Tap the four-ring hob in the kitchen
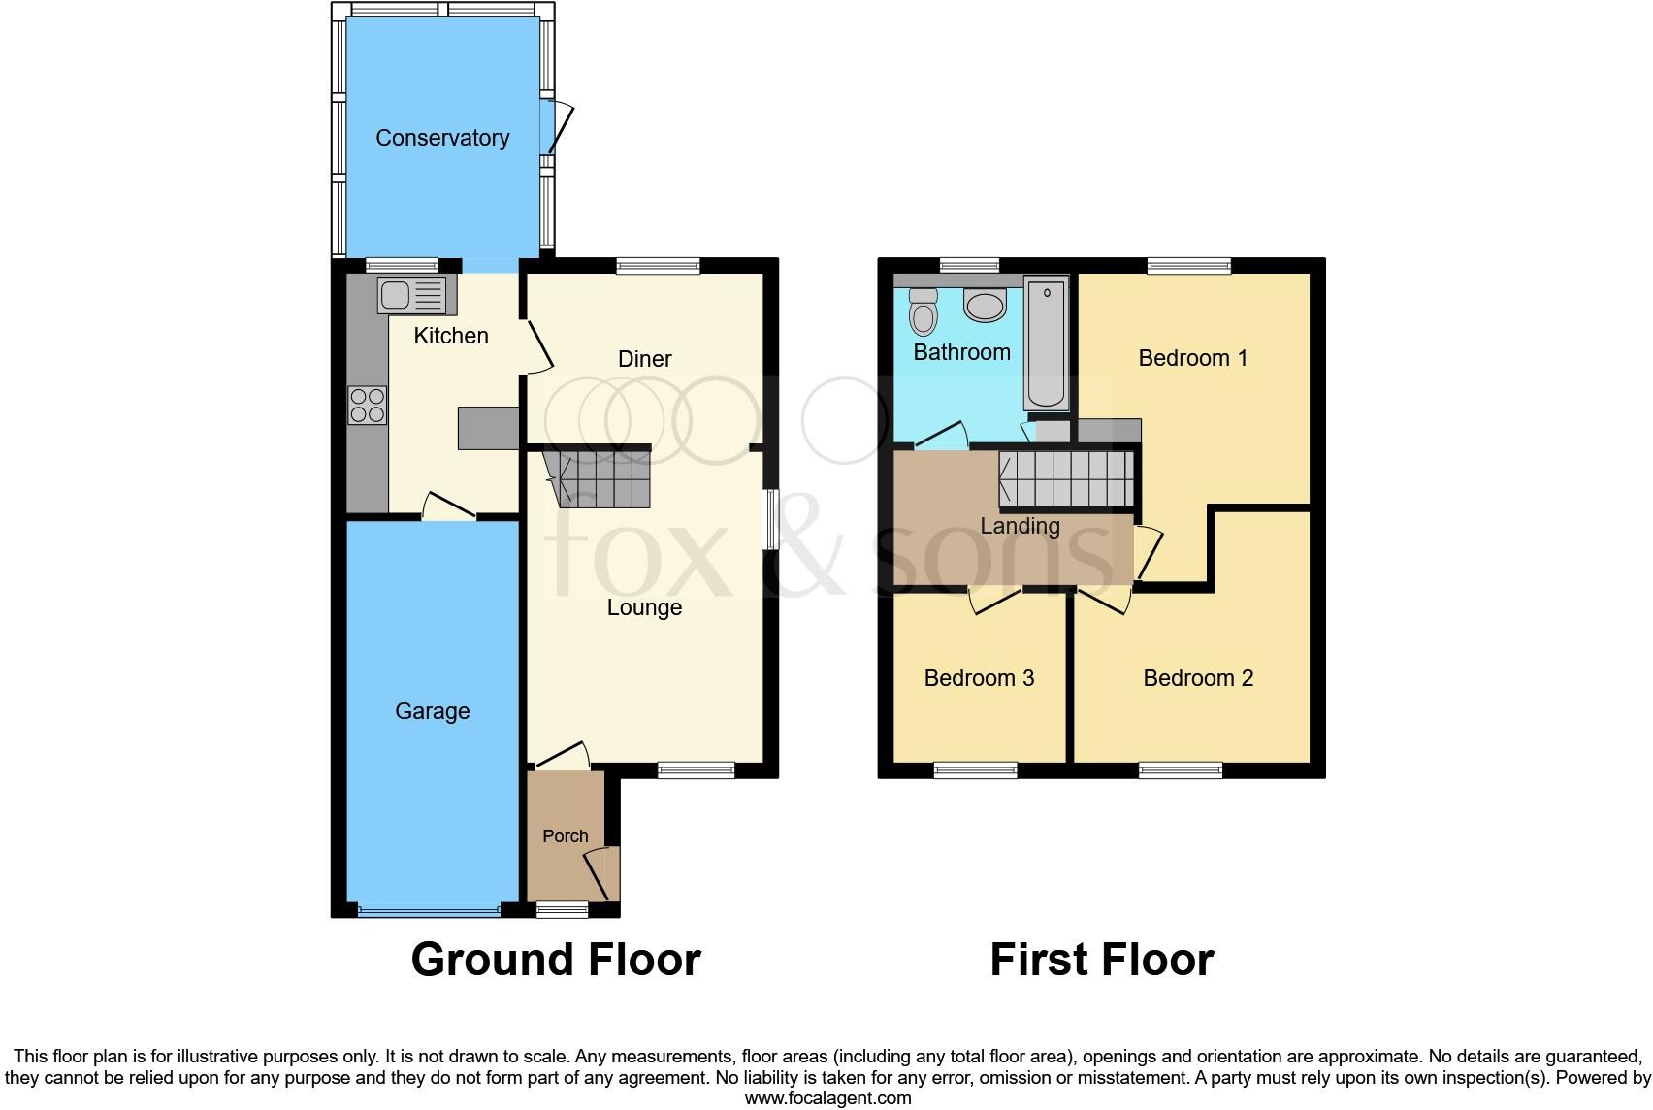(x=367, y=405)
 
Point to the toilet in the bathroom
(x=924, y=311)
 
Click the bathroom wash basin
(x=986, y=307)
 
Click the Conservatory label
(x=442, y=138)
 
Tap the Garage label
(x=432, y=711)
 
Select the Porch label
(x=565, y=835)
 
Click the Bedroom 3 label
(x=979, y=678)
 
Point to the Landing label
(x=1020, y=526)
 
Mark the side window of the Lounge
(x=770, y=519)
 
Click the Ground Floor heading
(x=556, y=960)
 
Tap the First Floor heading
(x=1101, y=960)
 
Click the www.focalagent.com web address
(x=827, y=1098)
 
